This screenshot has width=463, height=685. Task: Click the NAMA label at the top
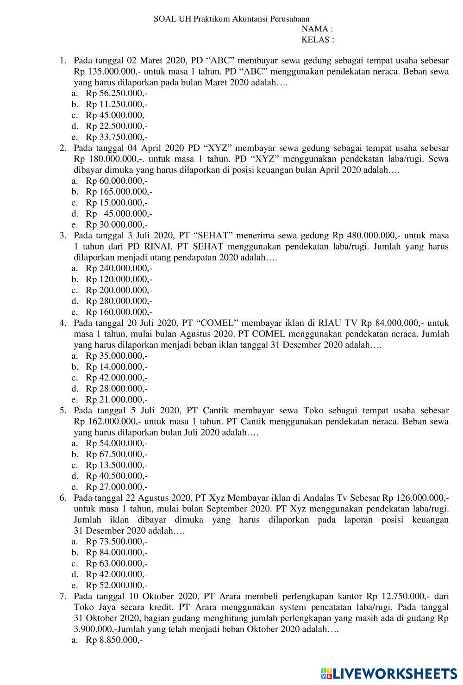coord(317,29)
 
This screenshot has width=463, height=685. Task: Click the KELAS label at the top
coord(318,39)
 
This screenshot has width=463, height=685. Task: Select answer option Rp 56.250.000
coord(116,93)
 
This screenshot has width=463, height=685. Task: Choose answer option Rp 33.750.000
coord(116,137)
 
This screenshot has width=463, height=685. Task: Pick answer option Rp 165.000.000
coord(119,192)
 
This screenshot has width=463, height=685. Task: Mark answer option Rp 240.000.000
coord(119,268)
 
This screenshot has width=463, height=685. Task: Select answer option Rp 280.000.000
coord(119,301)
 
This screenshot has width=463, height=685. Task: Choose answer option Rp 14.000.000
coord(116,367)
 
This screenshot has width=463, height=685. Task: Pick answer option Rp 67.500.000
coord(116,454)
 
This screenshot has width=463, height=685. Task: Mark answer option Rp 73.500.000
coord(116,542)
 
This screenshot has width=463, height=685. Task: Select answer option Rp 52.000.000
coord(116,585)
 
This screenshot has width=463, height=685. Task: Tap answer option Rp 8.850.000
coord(114,640)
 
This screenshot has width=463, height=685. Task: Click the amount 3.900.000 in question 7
coord(94,629)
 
